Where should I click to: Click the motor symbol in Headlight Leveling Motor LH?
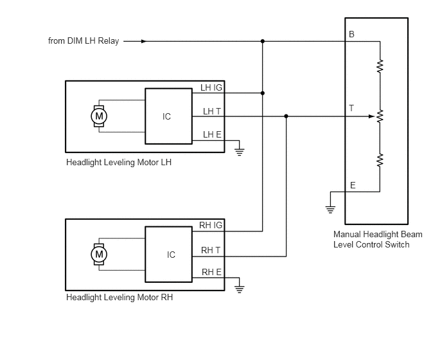(x=99, y=116)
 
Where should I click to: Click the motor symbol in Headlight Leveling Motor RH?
(x=99, y=254)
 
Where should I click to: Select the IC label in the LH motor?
(x=166, y=116)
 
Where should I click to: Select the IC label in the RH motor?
(x=171, y=255)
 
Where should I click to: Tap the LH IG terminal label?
(x=211, y=87)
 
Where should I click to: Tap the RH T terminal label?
(x=211, y=250)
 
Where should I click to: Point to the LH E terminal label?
(x=212, y=134)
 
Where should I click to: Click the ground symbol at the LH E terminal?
(x=240, y=152)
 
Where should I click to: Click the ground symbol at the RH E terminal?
(x=240, y=289)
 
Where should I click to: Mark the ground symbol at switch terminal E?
(x=330, y=210)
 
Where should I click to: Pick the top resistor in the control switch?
(x=380, y=66)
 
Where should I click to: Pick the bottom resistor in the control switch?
(x=380, y=160)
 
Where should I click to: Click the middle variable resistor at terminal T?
(x=380, y=116)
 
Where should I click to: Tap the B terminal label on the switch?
(x=351, y=34)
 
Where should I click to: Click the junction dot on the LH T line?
(x=286, y=116)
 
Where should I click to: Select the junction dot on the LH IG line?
(x=262, y=93)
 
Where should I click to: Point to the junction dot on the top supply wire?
(x=262, y=41)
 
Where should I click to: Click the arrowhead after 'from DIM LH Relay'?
(x=144, y=41)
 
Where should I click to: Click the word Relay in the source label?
(x=108, y=41)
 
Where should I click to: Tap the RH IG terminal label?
(x=211, y=226)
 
